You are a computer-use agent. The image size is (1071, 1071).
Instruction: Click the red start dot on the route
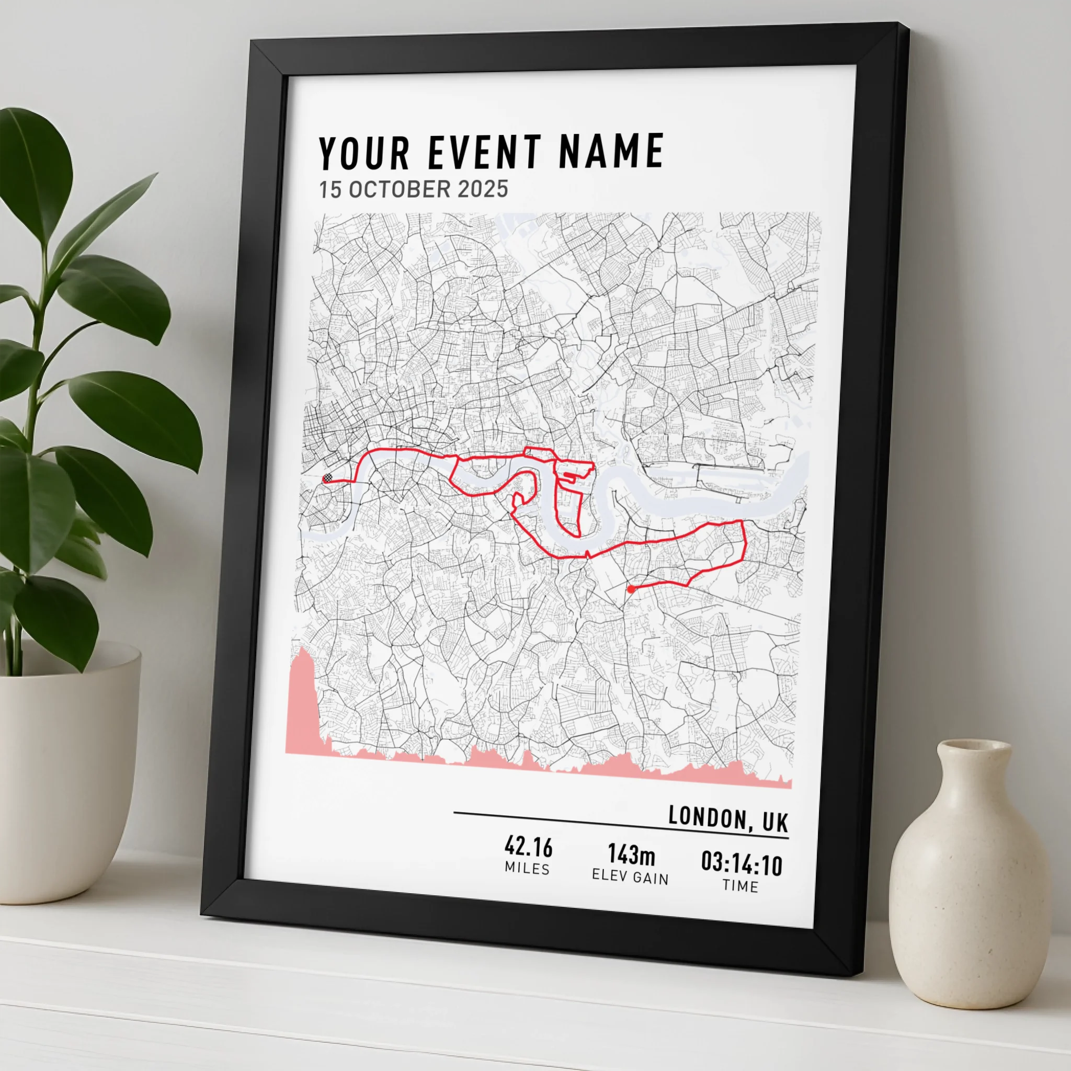click(631, 589)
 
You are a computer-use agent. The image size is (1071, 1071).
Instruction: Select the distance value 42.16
click(528, 847)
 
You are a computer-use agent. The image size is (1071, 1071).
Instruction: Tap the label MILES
click(527, 869)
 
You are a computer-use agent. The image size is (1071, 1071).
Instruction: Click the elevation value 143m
click(631, 855)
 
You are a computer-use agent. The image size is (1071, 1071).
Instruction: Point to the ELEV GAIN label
click(630, 876)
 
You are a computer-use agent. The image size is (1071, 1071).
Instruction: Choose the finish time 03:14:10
click(742, 864)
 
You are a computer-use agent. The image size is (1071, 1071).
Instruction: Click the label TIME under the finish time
click(740, 886)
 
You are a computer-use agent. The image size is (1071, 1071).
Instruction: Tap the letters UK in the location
click(775, 822)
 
